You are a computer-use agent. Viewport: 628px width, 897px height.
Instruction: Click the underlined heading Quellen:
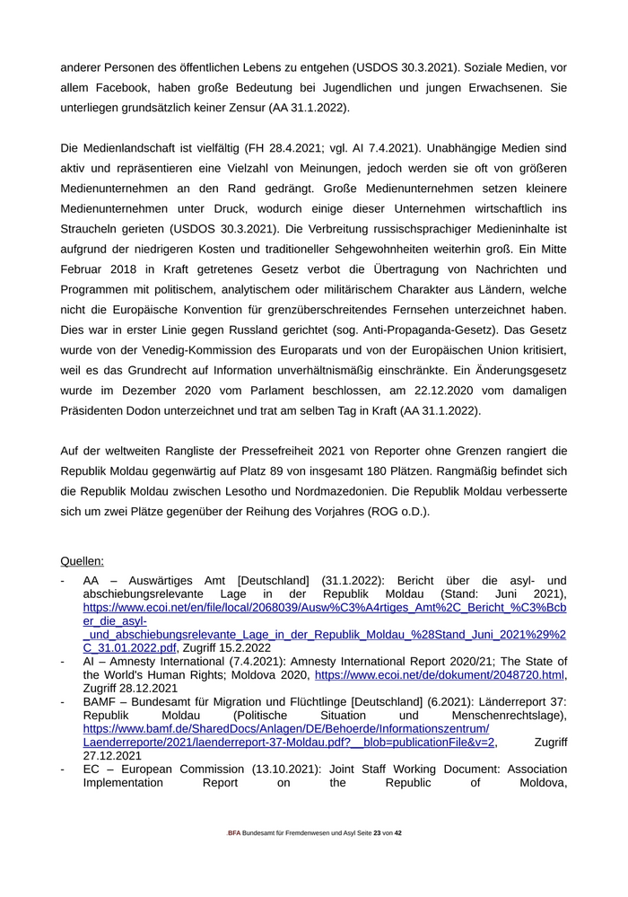pyautogui.click(x=82, y=561)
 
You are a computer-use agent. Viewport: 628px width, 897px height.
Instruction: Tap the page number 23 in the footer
pyautogui.click(x=378, y=833)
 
